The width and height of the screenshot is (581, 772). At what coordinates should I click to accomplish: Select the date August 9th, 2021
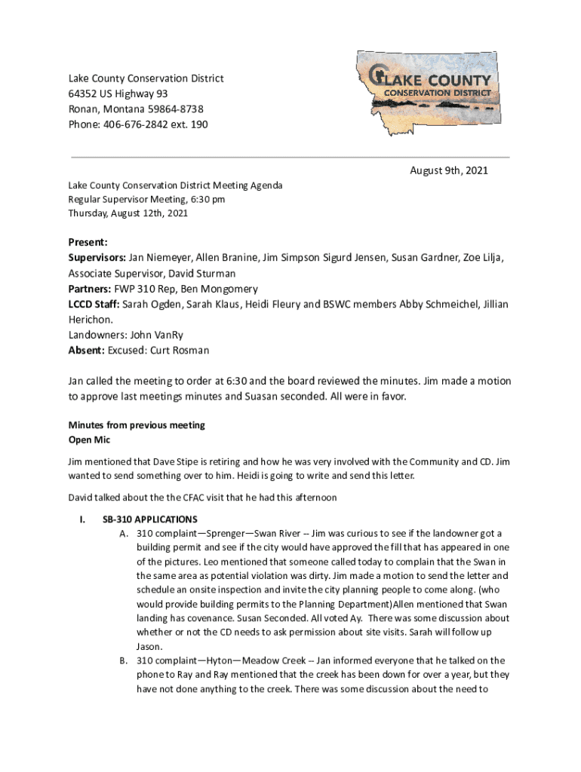tap(449, 170)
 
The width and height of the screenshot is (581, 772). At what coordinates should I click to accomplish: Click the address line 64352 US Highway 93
tap(118, 93)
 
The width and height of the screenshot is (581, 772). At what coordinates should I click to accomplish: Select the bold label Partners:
tap(90, 289)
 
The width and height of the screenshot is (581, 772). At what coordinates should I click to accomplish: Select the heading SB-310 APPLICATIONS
tap(150, 519)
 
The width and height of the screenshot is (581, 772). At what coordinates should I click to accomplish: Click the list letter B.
tap(123, 660)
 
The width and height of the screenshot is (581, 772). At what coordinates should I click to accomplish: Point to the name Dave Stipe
tap(180, 461)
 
